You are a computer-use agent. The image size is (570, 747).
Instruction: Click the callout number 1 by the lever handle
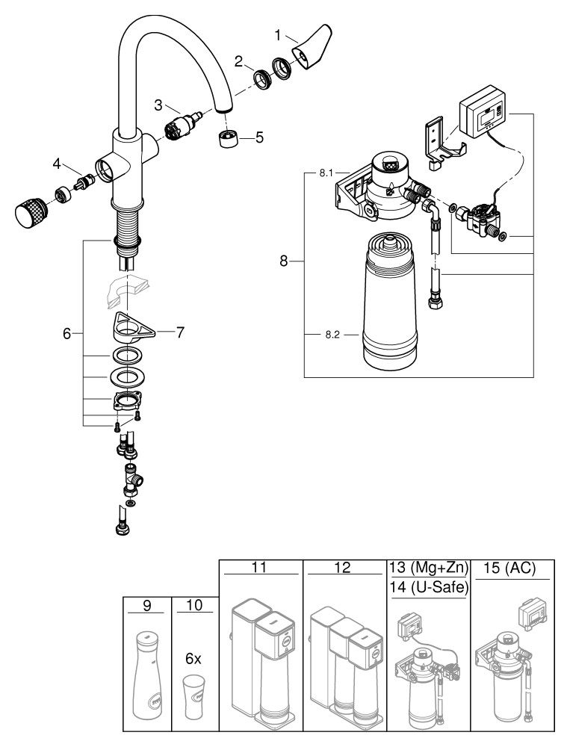278,34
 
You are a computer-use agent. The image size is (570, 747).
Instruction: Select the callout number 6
67,334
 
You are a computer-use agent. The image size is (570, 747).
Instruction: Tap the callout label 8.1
326,173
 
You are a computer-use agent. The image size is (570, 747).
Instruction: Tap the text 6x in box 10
194,660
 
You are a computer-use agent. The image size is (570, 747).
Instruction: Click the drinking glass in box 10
194,701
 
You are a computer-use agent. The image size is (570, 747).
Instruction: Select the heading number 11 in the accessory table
261,568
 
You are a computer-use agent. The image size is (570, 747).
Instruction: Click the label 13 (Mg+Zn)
429,568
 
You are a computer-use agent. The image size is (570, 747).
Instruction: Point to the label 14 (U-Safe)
429,588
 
